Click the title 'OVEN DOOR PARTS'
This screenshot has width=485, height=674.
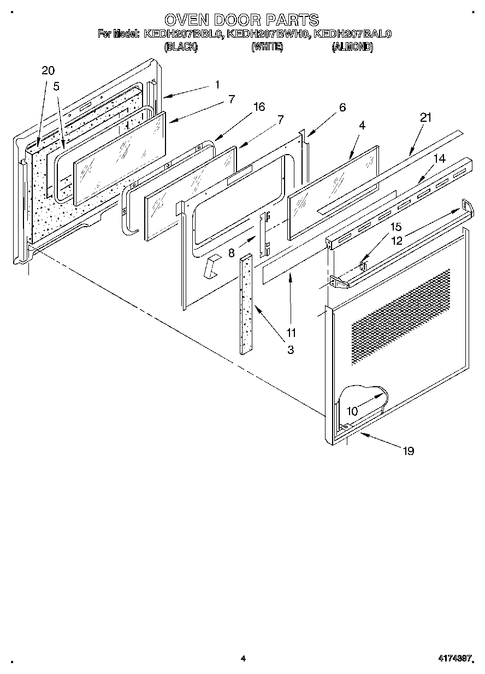242,20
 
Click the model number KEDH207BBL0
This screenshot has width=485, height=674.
183,34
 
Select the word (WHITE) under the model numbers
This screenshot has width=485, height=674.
267,48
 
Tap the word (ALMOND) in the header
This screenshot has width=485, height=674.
352,48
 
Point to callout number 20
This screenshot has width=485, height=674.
48,70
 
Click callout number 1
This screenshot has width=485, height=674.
217,85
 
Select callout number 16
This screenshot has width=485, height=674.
259,107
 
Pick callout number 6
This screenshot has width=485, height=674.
342,108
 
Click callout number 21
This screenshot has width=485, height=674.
426,117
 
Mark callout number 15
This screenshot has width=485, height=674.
396,226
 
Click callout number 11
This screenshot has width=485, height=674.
291,332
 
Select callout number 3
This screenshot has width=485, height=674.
291,350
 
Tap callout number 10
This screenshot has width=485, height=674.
353,411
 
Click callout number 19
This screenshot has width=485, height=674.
407,451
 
